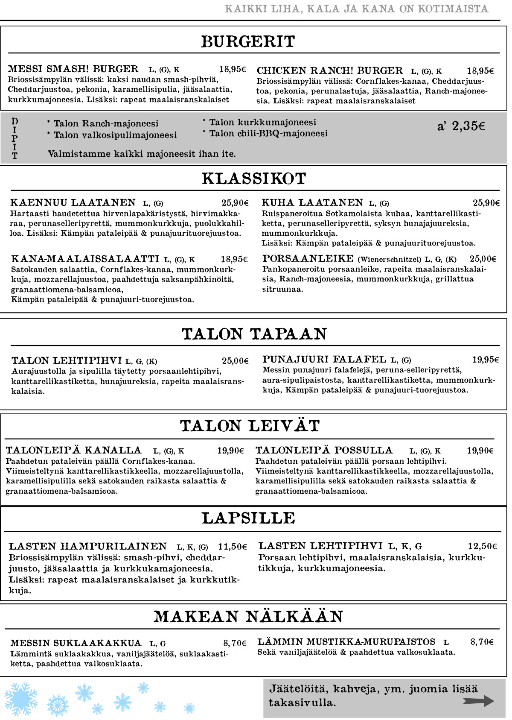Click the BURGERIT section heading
248,41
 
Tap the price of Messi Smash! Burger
233,69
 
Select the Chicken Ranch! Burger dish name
329,70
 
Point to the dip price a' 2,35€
461,126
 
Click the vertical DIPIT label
15,138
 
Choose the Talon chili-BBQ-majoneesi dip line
268,134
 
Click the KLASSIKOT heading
254,179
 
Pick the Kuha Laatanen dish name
312,202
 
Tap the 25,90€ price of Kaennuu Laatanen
235,203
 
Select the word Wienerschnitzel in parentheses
390,259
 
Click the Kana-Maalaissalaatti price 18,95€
234,259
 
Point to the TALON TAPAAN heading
254,334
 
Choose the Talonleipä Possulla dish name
324,450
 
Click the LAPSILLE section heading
248,518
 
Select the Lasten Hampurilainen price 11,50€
233,547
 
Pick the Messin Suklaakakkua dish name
76,643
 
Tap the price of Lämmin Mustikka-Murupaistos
482,642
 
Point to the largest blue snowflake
20,699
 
